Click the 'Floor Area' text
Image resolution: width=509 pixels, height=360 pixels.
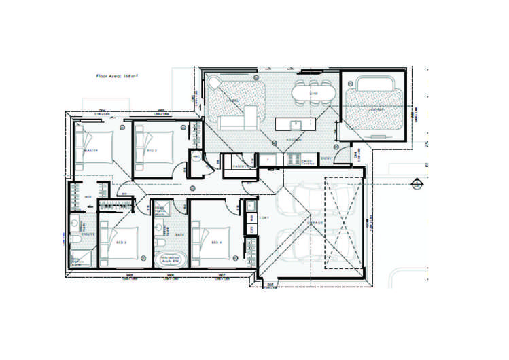tap(117, 77)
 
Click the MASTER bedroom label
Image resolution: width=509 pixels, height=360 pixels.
tap(93, 151)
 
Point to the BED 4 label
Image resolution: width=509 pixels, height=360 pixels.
tap(215, 242)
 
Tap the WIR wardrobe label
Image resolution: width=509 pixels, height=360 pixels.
tap(88, 197)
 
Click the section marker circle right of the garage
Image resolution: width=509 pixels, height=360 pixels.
tap(415, 182)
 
